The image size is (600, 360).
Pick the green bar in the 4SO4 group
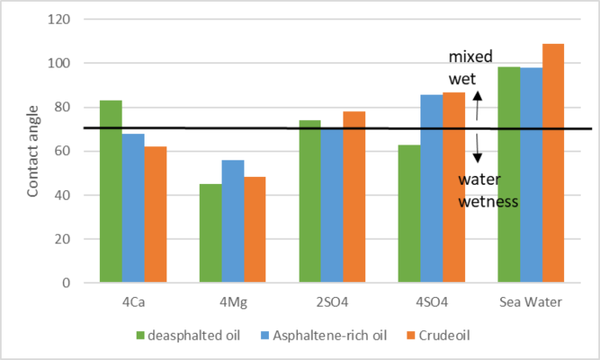pos(408,214)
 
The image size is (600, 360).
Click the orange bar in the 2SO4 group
pos(355,197)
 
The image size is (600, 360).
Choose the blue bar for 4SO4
pos(431,188)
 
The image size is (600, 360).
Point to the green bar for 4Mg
pos(210,233)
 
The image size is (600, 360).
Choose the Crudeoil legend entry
pos(425,335)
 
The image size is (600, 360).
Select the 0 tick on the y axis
pos(77,283)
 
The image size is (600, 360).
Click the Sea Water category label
pos(529,301)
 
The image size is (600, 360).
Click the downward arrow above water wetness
pos(478,149)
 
